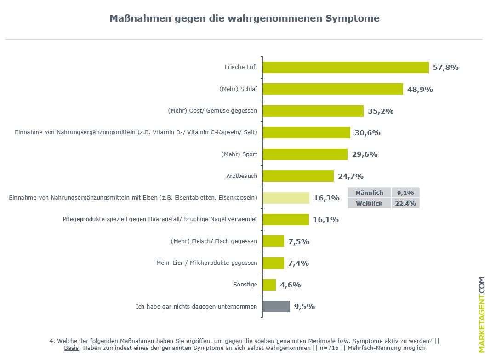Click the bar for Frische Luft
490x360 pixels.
[x=345, y=68]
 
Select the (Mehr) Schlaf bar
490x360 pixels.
[x=332, y=89]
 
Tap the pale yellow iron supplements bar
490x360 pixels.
[x=286, y=198]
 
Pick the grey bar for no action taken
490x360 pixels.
[x=276, y=307]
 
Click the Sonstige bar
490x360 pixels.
[x=269, y=285]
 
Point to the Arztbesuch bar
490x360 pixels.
[x=298, y=176]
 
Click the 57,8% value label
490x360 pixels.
[x=446, y=68]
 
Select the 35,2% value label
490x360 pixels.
[x=381, y=111]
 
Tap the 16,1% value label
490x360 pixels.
[x=326, y=220]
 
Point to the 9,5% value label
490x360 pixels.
[x=304, y=307]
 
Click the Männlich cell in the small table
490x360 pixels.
[x=369, y=193]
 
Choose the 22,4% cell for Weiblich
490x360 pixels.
[x=405, y=203]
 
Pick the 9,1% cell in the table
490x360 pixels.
[x=405, y=193]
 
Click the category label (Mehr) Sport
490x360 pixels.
[x=239, y=154]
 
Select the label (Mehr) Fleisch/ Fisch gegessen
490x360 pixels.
[x=214, y=241]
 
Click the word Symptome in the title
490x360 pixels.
[x=353, y=19]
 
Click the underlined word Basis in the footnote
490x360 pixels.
[x=71, y=348]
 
